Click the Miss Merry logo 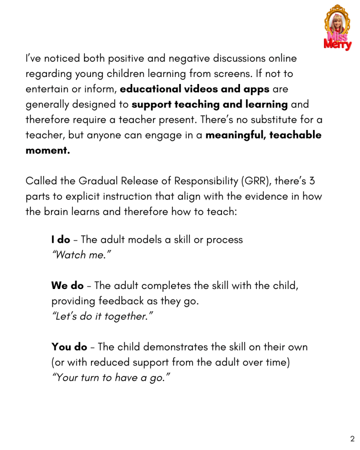[338, 28]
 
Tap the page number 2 [352, 439]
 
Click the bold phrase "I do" [61, 240]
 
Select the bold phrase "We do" [67, 285]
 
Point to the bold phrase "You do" [69, 347]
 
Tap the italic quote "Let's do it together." [102, 317]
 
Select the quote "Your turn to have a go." [111, 378]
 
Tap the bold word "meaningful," [235, 135]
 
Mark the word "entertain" [47, 89]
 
